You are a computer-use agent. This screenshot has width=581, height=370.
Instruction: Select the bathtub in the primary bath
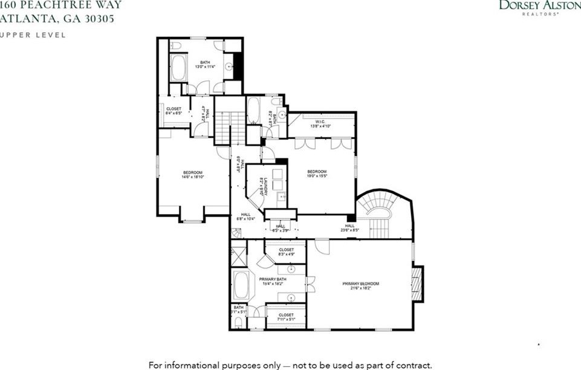coord(241,285)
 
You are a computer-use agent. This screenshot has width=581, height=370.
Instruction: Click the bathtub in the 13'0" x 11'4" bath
coord(178,68)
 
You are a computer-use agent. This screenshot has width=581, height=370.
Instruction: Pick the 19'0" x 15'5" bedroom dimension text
coord(317,177)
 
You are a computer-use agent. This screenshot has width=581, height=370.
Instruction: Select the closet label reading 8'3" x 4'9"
coord(287,254)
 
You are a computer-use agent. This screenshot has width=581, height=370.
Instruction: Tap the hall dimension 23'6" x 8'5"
coord(349,230)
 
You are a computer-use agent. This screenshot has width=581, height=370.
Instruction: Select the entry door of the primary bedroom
coord(322,247)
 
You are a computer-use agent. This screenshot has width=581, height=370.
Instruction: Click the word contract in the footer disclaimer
coord(414,365)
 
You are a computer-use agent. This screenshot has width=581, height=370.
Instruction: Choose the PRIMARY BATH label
coord(271,279)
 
